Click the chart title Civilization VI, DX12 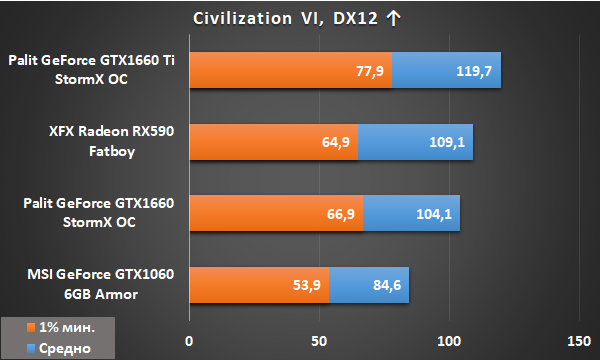[x=285, y=18]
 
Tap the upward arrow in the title [x=393, y=18]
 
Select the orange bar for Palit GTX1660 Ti [x=291, y=70]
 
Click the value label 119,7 [x=474, y=71]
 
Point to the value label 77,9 [x=370, y=71]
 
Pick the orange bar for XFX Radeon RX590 [x=274, y=142]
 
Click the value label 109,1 [x=447, y=142]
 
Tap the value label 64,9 [x=336, y=142]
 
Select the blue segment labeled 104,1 [x=411, y=213]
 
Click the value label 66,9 [x=341, y=214]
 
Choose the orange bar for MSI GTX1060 [x=259, y=285]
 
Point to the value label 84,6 [x=387, y=285]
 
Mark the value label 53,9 [x=307, y=285]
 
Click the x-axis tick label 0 [x=189, y=341]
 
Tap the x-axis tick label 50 [x=319, y=341]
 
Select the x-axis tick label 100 [x=449, y=341]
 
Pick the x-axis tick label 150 [x=579, y=341]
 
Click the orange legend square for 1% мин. [x=31, y=327]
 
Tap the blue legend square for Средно [x=31, y=348]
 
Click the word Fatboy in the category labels [x=112, y=151]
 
